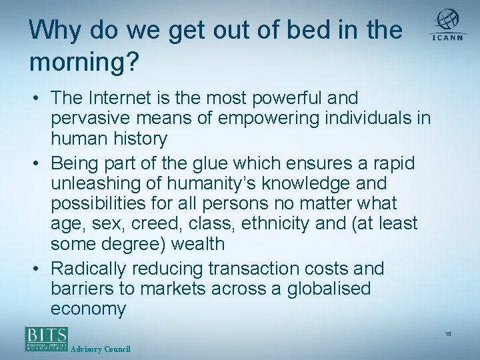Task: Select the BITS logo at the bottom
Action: point(47,338)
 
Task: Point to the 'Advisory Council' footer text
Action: point(100,349)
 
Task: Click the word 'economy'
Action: point(88,309)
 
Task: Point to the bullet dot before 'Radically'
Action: point(39,269)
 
